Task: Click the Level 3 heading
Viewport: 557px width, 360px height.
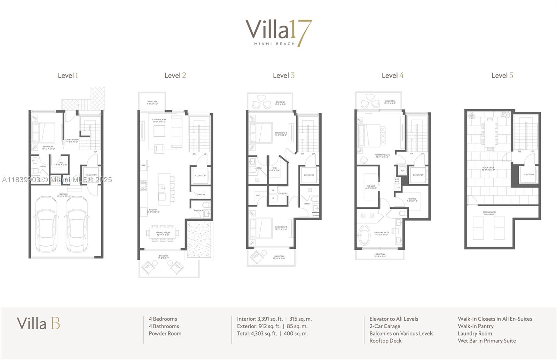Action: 283,75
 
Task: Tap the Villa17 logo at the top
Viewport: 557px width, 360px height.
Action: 278,33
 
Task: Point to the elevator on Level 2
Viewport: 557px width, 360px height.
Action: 200,175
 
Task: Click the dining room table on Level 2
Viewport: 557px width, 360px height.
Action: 163,233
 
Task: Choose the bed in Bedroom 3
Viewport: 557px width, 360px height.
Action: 261,228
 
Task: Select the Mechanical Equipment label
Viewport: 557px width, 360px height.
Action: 489,213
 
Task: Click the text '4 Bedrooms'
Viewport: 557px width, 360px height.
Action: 163,319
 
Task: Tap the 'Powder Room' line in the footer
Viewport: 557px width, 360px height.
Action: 165,334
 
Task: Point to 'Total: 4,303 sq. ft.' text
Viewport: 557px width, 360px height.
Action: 257,334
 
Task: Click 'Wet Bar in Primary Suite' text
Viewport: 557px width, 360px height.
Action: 487,341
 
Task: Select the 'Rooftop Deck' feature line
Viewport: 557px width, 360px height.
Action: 385,341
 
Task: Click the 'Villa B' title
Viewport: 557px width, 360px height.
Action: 38,323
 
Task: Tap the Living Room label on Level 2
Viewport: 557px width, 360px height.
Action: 159,120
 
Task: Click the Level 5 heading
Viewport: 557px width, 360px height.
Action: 502,75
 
